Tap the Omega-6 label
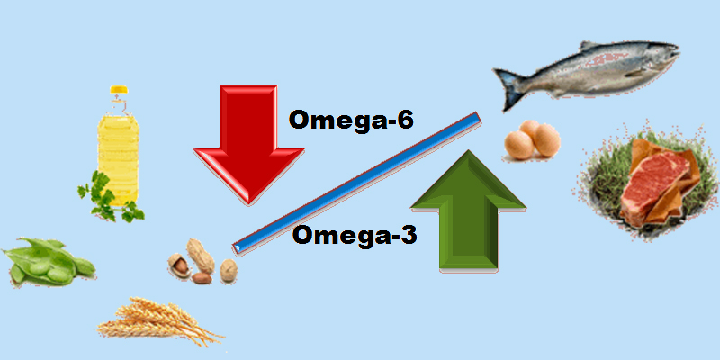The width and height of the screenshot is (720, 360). (x=350, y=121)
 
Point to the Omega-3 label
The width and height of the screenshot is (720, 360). (x=354, y=236)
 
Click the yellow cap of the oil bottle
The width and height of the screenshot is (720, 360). (x=119, y=91)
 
